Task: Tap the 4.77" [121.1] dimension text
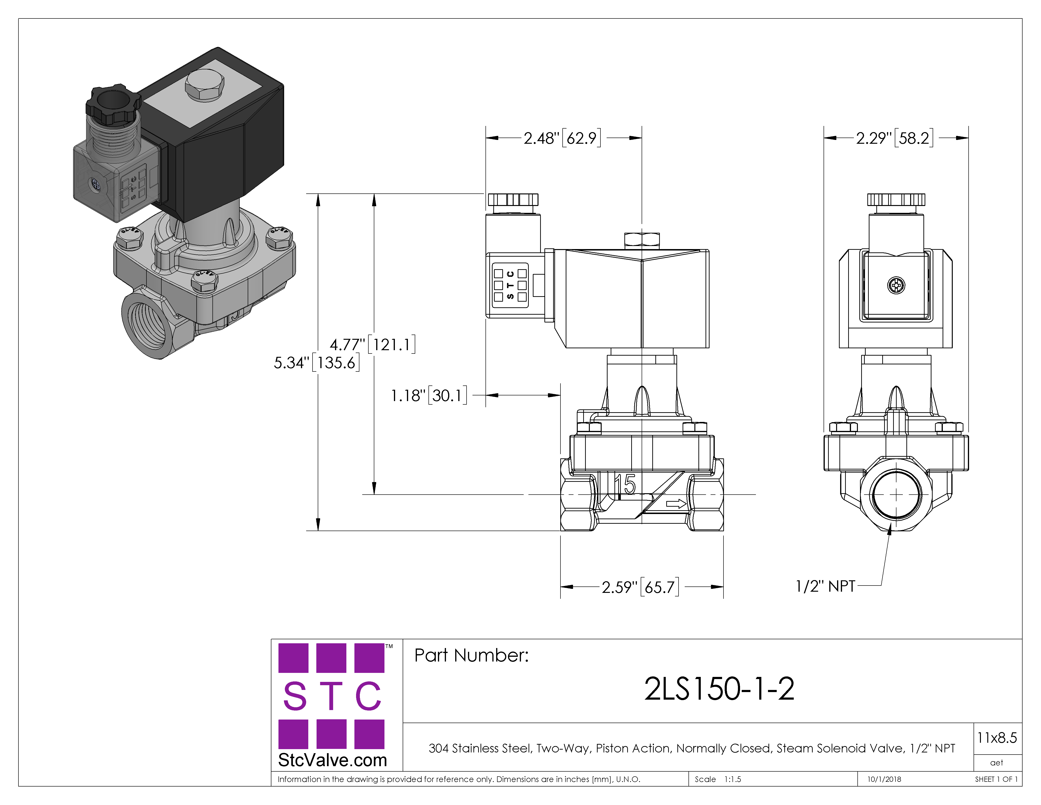[x=373, y=344]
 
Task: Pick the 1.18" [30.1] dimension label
[x=429, y=395]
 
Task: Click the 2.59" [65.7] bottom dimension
[x=640, y=587]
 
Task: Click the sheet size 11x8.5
[x=997, y=738]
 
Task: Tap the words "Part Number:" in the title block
[x=471, y=655]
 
